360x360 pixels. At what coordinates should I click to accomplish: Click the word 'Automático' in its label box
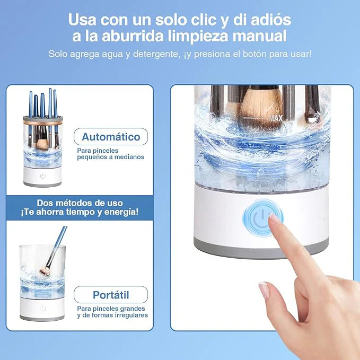[111, 137]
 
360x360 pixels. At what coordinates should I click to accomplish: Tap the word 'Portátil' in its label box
[111, 295]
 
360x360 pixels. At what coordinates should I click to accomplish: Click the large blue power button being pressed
[263, 218]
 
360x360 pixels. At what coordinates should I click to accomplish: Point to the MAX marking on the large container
[276, 118]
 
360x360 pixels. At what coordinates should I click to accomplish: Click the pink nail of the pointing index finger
[274, 218]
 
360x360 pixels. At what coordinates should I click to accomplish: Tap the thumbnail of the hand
[264, 290]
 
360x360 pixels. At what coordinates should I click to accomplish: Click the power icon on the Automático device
[43, 176]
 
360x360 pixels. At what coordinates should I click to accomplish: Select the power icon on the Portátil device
[43, 308]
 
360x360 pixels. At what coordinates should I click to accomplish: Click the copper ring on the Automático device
[43, 122]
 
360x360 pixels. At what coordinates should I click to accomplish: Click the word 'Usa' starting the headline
[82, 20]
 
